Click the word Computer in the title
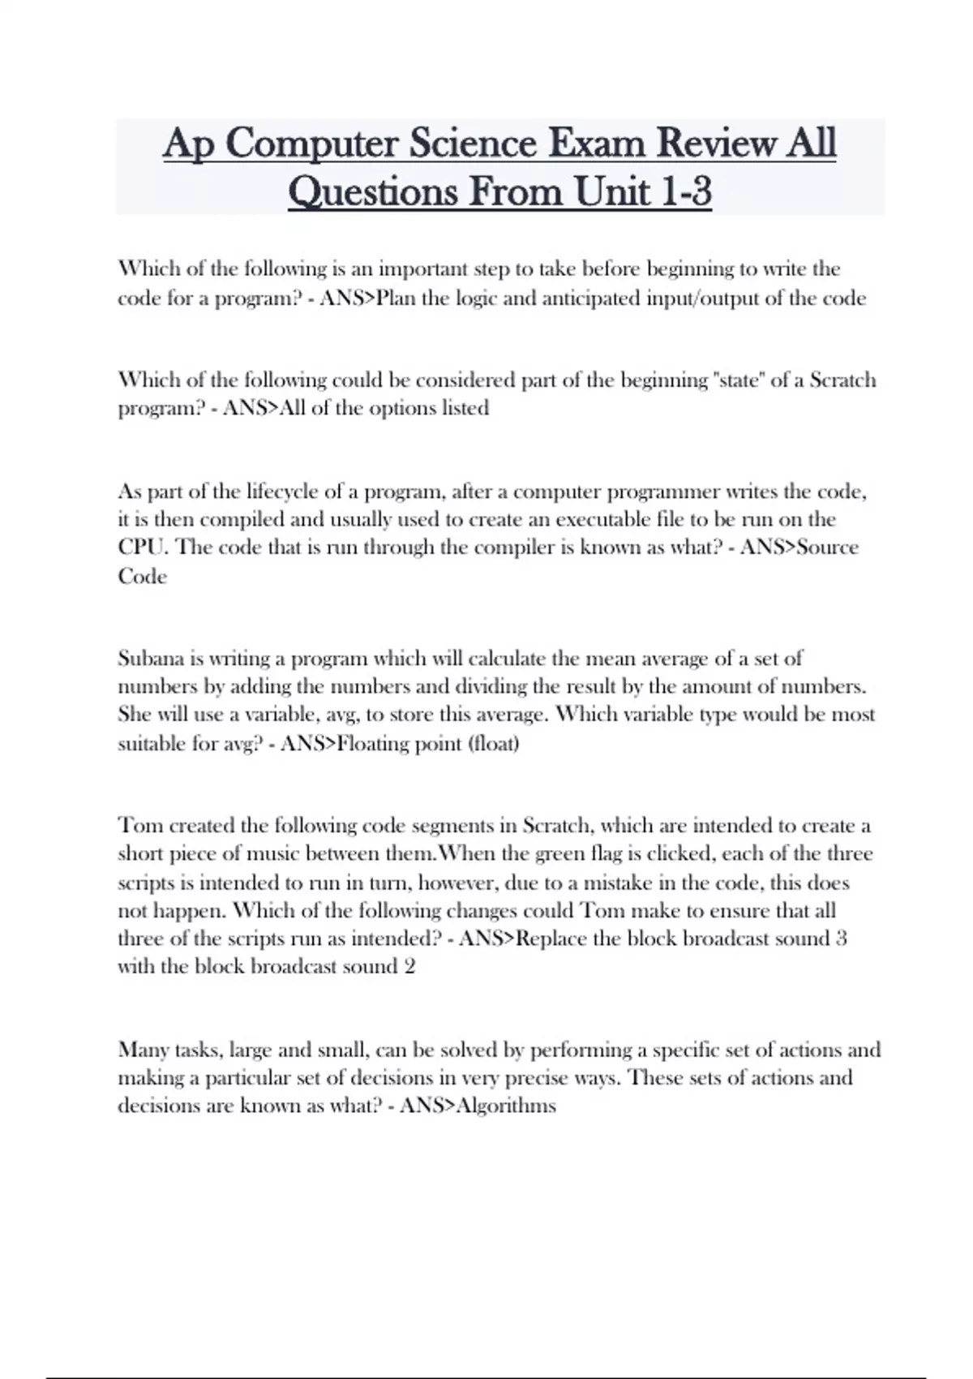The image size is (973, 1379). tap(311, 144)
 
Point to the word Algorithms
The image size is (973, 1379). tap(507, 1106)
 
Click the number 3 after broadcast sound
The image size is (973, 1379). tap(841, 939)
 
